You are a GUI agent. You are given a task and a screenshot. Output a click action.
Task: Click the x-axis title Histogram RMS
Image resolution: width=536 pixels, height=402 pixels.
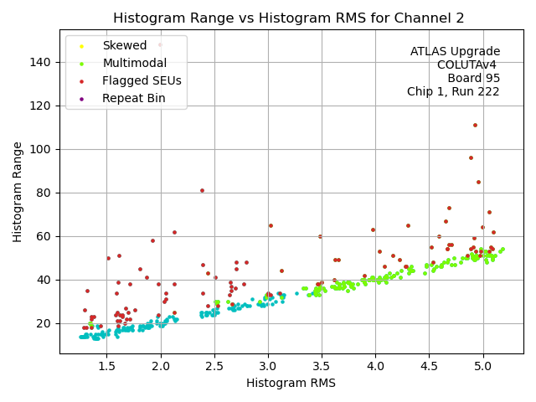pos(291,383)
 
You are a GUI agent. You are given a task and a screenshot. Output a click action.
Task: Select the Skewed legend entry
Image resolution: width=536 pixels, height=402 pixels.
pos(124,45)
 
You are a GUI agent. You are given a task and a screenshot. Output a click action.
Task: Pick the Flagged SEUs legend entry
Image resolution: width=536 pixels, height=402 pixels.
pos(142,80)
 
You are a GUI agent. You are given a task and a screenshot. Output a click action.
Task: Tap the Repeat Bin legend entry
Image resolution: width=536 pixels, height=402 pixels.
pos(133,98)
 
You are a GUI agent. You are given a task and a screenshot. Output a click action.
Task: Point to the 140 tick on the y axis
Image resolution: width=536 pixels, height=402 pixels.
pos(43,62)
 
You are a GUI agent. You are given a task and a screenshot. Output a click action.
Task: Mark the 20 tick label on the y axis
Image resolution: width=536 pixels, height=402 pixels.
pos(46,323)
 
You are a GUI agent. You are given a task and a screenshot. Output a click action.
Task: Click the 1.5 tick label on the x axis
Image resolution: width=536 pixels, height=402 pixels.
pos(106,365)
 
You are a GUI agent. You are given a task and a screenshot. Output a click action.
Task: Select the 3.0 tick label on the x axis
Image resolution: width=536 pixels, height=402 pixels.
pos(267,365)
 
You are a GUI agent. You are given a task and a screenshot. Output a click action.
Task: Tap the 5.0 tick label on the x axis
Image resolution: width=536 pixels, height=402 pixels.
pos(482,365)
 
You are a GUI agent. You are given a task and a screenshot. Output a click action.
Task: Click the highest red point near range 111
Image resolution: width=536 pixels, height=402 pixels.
pos(475,125)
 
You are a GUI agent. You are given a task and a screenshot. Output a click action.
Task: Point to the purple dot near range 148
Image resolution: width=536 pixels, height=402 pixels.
pos(160,44)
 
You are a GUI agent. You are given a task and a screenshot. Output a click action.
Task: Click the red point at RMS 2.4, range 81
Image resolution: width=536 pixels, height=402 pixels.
pos(202,190)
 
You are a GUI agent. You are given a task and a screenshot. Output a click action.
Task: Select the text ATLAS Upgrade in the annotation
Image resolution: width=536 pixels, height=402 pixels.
pos(455,52)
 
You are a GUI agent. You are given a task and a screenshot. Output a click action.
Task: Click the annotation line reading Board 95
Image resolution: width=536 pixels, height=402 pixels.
pos(473,79)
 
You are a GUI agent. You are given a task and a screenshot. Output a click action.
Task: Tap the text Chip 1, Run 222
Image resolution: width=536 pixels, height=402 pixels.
pos(453,92)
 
